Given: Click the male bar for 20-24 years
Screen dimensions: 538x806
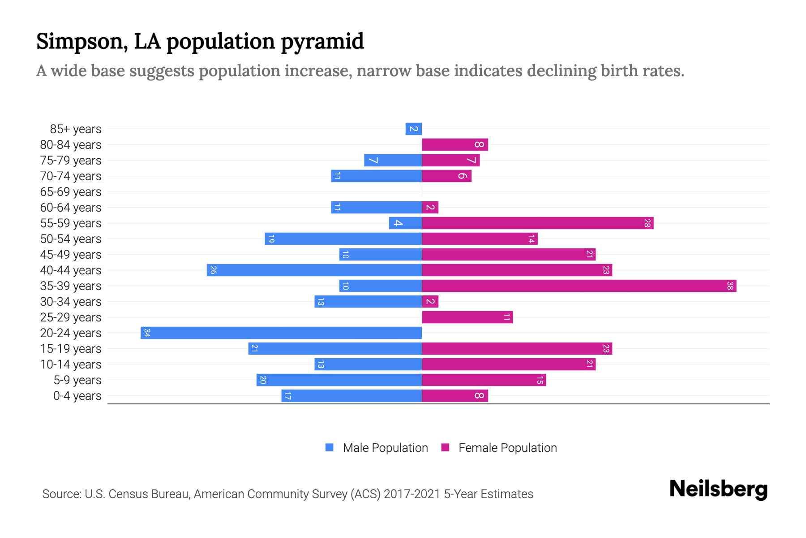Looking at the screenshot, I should point(281,333).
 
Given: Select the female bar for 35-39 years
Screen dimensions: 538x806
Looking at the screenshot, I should point(579,286).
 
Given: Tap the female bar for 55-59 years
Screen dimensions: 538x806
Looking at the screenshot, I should point(537,223).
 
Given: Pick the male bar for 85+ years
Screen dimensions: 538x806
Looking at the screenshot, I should point(413,129).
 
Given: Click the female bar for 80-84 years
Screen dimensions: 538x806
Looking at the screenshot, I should point(454,144).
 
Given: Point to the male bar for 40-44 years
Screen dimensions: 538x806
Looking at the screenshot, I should point(314,270).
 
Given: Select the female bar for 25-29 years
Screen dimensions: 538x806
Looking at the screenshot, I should point(467,317).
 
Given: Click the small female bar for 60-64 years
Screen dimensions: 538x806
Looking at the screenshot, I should point(430,207).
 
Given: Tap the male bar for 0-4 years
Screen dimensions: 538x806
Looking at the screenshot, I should point(352,395).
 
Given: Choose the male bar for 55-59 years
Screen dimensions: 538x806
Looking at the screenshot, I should point(405,223).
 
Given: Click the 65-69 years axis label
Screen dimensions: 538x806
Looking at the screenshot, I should point(71,192).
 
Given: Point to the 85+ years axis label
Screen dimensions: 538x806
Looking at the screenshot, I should point(76,129).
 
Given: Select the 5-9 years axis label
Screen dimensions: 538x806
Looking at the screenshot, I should point(77,380).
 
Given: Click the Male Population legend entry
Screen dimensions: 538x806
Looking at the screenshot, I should point(385,447).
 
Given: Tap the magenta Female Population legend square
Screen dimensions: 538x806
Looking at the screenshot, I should point(445,447).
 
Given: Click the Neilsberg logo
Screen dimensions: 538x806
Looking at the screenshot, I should point(718,489).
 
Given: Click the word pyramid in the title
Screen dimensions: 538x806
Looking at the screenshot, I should point(322,42).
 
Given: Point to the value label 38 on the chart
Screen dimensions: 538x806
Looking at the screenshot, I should point(730,286).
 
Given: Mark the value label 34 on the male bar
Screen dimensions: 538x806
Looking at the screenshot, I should point(147,333).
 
